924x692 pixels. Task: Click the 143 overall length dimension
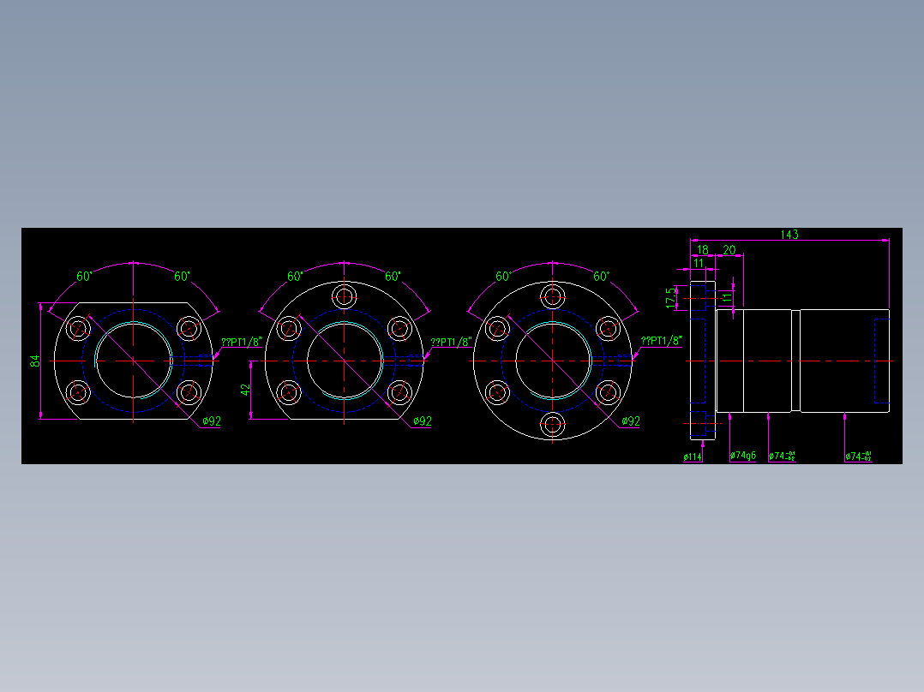[x=789, y=235]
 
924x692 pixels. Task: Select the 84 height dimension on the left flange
[x=35, y=361]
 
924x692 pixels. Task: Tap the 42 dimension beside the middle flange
[x=245, y=389]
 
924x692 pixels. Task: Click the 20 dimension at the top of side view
[x=729, y=250]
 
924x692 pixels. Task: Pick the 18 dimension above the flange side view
[x=702, y=250]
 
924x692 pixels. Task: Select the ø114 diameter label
[x=693, y=457]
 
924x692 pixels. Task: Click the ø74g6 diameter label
[x=743, y=456]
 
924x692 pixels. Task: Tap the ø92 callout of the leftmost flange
[x=212, y=421]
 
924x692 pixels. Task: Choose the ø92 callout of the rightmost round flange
[x=630, y=421]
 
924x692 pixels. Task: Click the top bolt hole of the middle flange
[x=345, y=297]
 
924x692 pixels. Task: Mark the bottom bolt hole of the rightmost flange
[x=554, y=424]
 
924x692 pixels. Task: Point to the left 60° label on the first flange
[x=84, y=277]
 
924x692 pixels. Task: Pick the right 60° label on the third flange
[x=601, y=277]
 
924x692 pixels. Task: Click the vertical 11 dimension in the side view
[x=727, y=297]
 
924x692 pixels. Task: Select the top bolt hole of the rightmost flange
[x=554, y=297]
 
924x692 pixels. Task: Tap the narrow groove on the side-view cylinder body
[x=795, y=361]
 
